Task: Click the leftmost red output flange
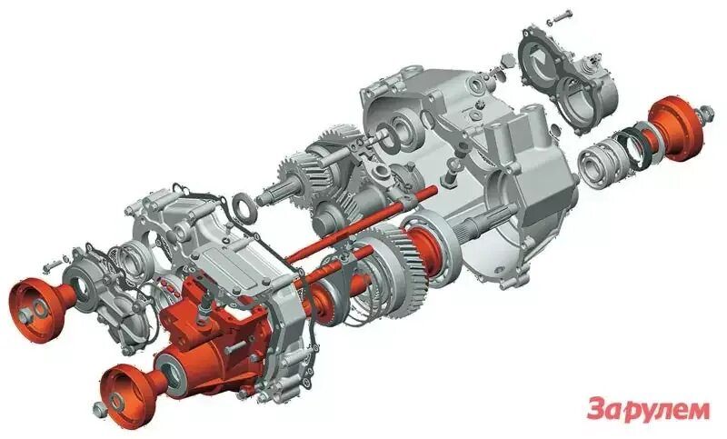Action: pos(36,300)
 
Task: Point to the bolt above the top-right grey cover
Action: pos(563,15)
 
